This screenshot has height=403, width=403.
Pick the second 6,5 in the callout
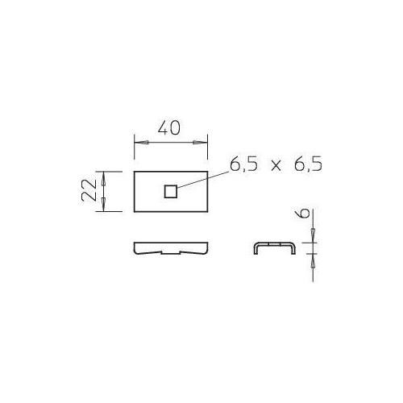(307, 165)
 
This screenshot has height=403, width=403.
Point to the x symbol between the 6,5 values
(276, 166)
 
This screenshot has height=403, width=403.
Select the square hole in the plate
(170, 191)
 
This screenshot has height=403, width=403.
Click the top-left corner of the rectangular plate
(132, 171)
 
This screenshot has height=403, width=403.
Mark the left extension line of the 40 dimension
(132, 153)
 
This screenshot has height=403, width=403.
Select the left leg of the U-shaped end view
(256, 249)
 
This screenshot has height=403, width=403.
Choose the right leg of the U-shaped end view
(291, 249)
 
